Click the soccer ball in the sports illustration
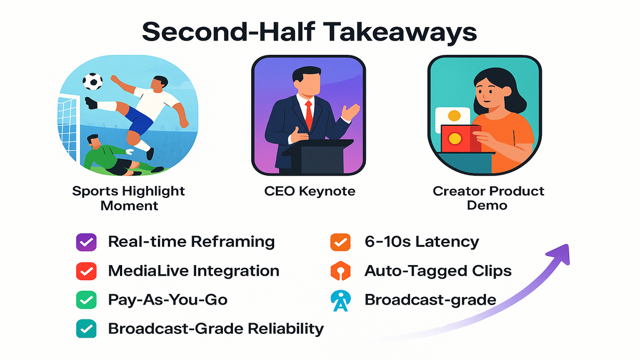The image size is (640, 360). [x=93, y=82]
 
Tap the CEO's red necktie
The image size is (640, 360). [x=309, y=115]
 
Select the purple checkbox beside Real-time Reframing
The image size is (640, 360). [x=86, y=242]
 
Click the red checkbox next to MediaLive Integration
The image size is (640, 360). [x=86, y=271]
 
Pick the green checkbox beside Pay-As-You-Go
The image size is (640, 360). [x=86, y=300]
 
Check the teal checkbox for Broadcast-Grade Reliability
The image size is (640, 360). [x=86, y=329]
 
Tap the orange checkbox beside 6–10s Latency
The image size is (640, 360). [x=340, y=242]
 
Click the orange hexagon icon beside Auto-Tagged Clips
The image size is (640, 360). [x=340, y=270]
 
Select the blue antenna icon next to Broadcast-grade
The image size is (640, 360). [x=340, y=301]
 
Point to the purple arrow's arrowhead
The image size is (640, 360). [x=560, y=254]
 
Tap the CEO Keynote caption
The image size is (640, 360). [x=310, y=191]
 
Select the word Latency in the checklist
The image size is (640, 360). [x=447, y=242]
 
